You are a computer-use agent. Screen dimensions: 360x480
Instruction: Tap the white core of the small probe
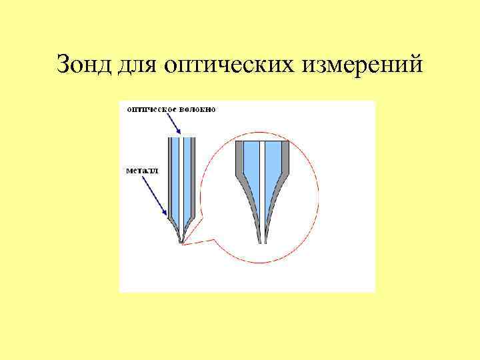pos(180,180)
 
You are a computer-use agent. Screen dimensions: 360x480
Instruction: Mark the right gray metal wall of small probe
pos(193,180)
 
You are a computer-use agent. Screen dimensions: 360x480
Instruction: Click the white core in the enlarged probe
pos(263,180)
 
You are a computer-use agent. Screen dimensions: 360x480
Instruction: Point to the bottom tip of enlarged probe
pos(263,241)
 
